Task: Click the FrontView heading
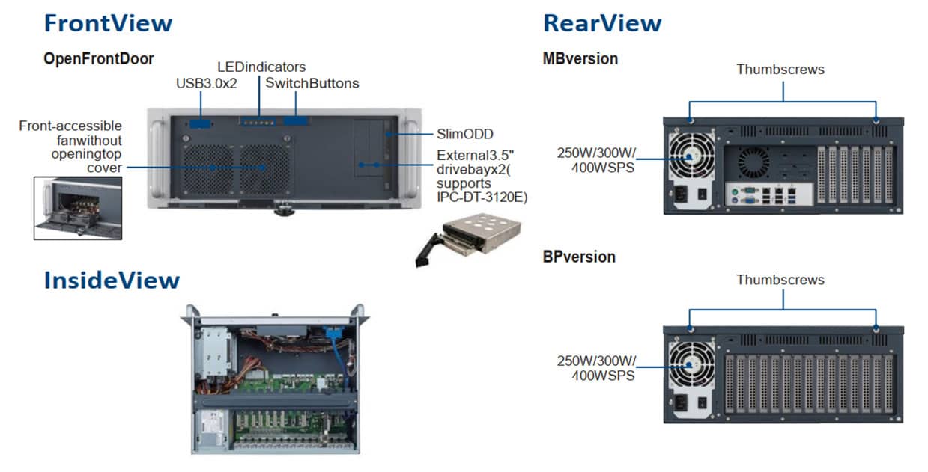[108, 23]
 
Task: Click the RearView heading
[602, 23]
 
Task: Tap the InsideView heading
[112, 281]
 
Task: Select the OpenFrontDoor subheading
[99, 58]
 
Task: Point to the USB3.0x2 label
[206, 83]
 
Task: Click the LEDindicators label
[261, 67]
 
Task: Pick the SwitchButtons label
[312, 83]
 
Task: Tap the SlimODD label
[464, 135]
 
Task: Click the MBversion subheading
[580, 58]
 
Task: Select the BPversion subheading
[579, 257]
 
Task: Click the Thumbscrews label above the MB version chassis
[780, 70]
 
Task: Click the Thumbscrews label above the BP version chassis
[780, 280]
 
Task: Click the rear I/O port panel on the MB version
[768, 194]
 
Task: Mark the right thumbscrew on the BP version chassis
[876, 328]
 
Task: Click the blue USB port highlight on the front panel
[200, 123]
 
